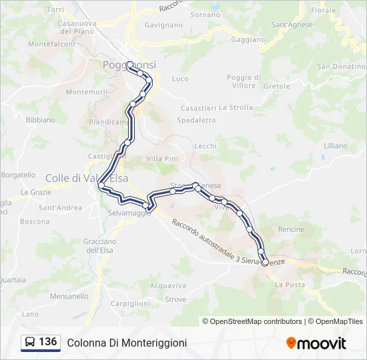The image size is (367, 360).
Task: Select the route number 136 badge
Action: [48, 342]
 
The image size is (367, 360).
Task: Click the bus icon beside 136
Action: [30, 343]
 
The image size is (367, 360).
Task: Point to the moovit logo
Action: [316, 343]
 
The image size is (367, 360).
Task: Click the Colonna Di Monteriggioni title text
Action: [127, 343]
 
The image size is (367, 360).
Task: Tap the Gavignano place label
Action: [163, 25]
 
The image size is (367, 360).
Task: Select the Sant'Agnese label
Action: [292, 25]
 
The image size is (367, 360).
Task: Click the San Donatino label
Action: [340, 67]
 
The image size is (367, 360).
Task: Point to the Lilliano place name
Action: [335, 145]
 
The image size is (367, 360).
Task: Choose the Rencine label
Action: [291, 229]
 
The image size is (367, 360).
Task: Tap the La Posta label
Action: [290, 285]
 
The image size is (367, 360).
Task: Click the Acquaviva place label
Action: [167, 285]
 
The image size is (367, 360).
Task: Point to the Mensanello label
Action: [69, 295]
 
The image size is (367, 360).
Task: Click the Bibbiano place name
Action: [40, 120]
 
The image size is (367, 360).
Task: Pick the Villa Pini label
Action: [162, 159]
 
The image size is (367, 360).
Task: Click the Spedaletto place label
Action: [198, 121]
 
